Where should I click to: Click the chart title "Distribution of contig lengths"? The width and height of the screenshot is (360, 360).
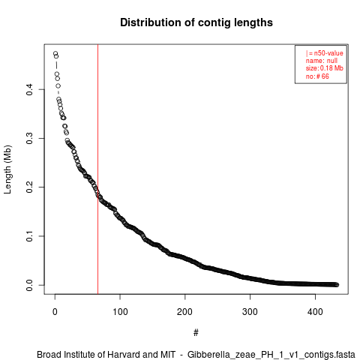tap(196, 22)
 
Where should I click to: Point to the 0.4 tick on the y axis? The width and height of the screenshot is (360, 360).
tap(29, 89)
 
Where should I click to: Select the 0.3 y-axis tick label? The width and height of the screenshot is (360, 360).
tap(29, 138)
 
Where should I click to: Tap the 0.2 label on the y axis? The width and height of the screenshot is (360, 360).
tap(29, 187)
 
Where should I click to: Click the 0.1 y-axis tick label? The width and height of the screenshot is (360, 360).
tap(29, 236)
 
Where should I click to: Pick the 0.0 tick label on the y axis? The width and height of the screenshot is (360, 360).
tap(29, 285)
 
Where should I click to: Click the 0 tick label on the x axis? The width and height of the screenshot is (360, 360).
tap(55, 312)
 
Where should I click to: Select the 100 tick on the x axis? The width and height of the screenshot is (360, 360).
tap(120, 312)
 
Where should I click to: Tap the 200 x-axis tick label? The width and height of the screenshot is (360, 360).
tap(185, 312)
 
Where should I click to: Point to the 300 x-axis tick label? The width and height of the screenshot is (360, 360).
tap(250, 312)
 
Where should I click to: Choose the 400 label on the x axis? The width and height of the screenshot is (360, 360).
tap(315, 312)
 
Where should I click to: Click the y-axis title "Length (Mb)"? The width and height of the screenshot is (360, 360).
tap(7, 169)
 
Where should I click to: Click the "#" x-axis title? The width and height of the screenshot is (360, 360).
tap(196, 333)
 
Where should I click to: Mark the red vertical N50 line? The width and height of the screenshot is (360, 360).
tap(97, 169)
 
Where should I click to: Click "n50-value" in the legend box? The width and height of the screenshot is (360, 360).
tap(328, 53)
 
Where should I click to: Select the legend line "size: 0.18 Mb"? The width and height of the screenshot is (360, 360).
tap(324, 68)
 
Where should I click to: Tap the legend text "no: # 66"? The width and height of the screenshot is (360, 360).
tap(317, 76)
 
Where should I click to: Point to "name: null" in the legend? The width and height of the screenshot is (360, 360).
tap(322, 61)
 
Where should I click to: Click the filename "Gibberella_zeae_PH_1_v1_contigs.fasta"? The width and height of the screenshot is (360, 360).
tap(271, 355)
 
